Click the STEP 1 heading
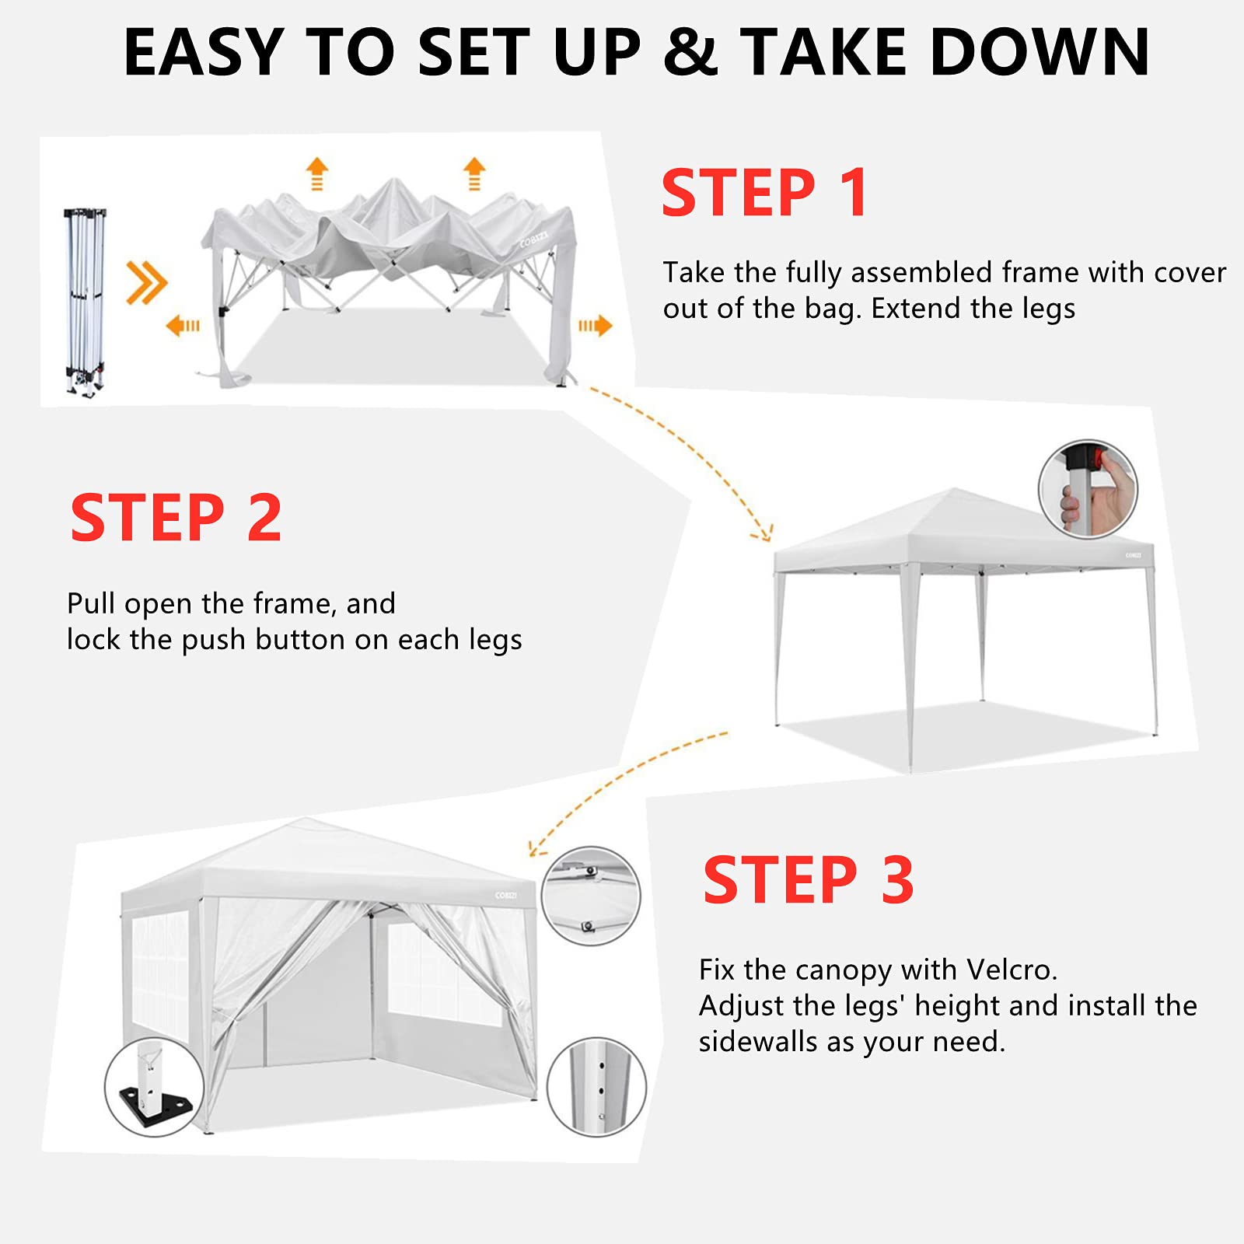point(764,193)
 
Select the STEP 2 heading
point(176,518)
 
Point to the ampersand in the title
point(690,52)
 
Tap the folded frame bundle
point(85,302)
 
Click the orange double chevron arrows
point(146,282)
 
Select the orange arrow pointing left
point(183,325)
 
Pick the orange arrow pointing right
point(595,325)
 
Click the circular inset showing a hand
point(1088,489)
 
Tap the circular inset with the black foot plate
point(154,1086)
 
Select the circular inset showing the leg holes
point(596,1087)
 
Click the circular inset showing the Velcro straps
point(591,896)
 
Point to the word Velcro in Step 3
point(1012,970)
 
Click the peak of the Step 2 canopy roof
point(955,489)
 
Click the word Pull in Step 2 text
point(92,603)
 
